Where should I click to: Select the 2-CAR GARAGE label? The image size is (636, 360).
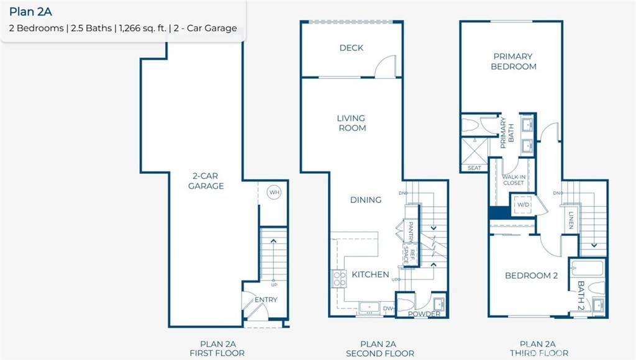point(206,181)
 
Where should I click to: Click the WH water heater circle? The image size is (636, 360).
point(274,192)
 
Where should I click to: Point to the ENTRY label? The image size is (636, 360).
point(266,300)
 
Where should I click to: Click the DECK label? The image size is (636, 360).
point(352,48)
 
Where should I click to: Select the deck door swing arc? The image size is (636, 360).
point(385,66)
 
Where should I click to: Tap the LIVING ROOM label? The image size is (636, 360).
point(352,123)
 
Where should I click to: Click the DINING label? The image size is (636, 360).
point(365,200)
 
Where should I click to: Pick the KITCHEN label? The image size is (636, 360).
point(370,274)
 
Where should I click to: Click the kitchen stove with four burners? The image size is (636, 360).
point(339,279)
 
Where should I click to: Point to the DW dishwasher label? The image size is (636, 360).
point(388,308)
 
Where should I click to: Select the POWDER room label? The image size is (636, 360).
point(424,314)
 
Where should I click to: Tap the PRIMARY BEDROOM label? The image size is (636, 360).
point(514,61)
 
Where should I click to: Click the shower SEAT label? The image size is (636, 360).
point(474,168)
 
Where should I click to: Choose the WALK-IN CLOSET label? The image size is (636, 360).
point(514,180)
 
